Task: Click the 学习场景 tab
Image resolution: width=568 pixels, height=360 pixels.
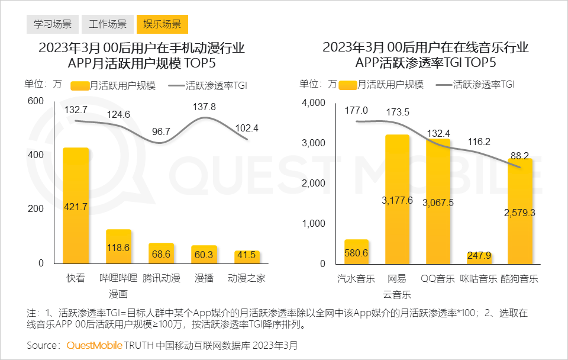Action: point(52,24)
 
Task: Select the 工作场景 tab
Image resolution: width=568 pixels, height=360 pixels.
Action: point(107,24)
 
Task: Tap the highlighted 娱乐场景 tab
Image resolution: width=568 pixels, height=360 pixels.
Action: point(162,24)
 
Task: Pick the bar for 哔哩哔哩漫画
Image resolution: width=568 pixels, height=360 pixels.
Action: point(118,246)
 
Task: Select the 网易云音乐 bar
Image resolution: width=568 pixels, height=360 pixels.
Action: point(397,199)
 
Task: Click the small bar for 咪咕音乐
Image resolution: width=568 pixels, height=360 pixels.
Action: point(479,258)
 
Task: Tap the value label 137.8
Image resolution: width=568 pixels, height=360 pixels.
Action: point(204,107)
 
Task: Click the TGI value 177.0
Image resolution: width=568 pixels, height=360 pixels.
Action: point(356,110)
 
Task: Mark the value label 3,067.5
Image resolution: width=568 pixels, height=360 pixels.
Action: point(438,202)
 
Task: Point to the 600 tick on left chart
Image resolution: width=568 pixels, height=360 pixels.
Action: point(35,101)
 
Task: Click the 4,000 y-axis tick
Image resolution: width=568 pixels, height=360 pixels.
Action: point(314,103)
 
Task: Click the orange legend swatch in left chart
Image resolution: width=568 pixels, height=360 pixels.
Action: point(80,85)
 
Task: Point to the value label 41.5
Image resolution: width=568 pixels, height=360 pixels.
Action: point(247,255)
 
